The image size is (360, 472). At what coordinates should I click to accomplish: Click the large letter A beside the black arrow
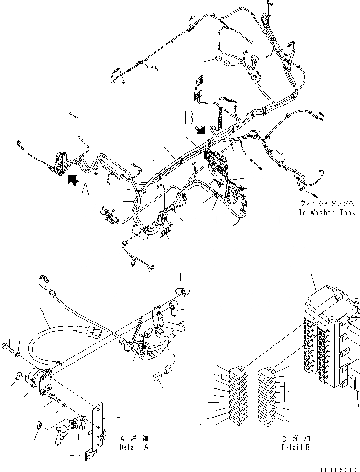(x=85, y=190)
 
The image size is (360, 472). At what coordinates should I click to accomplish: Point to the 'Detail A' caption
(x=134, y=448)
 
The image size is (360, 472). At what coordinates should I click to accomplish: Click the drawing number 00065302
(x=340, y=468)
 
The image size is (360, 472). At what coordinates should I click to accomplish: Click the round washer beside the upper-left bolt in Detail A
(x=18, y=354)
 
